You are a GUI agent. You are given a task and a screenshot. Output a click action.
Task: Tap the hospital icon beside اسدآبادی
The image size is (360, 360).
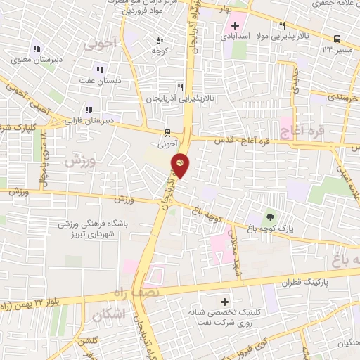click(235, 26)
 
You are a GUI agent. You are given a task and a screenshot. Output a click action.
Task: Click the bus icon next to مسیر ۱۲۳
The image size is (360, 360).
click(337, 39)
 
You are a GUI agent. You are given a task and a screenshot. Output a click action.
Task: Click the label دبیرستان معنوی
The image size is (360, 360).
click(36, 60)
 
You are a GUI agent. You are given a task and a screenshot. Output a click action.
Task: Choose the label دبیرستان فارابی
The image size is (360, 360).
click(88, 121)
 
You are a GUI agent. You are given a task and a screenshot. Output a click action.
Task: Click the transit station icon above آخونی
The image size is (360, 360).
click(167, 131)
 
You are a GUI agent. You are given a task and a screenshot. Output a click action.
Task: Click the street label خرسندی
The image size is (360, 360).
click(344, 98)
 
